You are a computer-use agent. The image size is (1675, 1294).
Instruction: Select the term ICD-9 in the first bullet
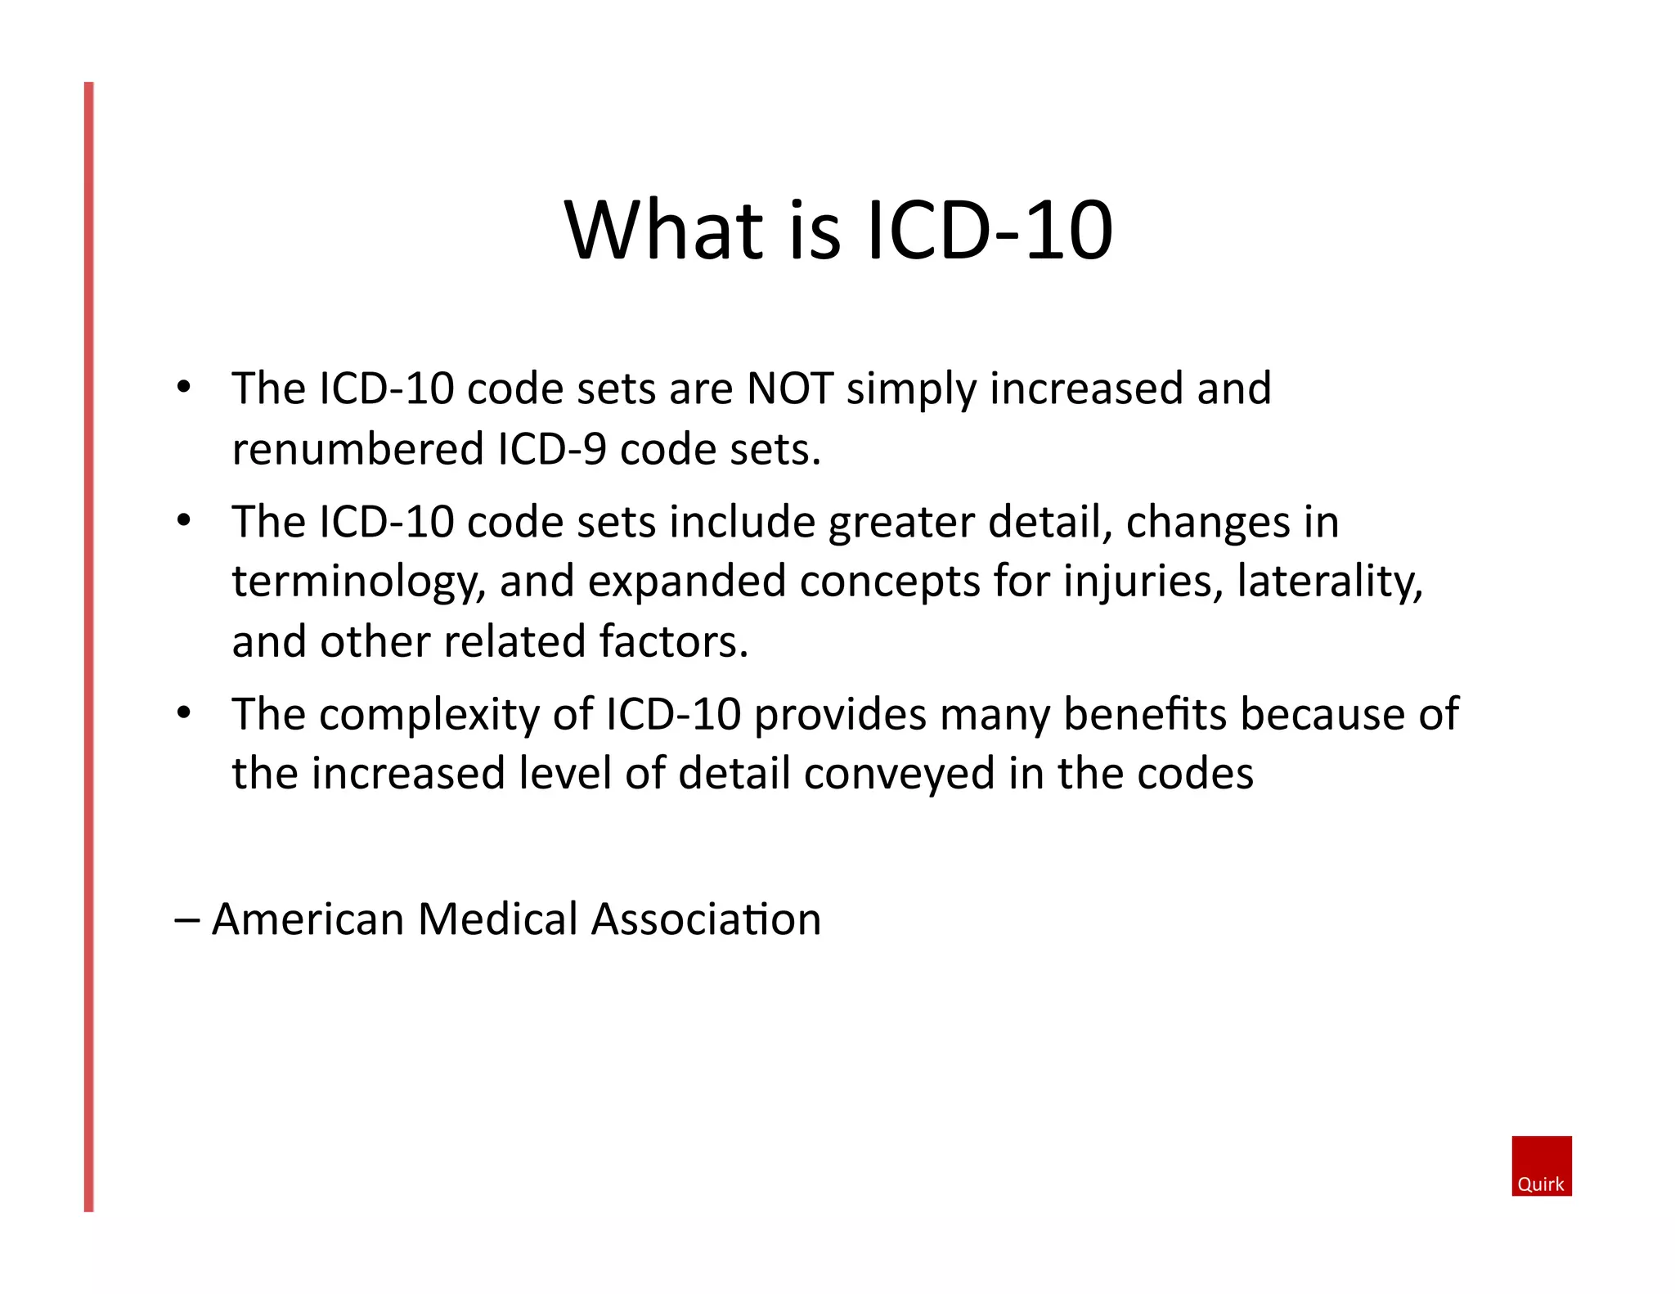tap(552, 449)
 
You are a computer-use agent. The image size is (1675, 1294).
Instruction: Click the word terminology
tap(358, 582)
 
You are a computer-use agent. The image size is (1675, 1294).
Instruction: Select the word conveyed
tap(899, 774)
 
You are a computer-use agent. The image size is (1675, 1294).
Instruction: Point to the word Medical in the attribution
tap(498, 919)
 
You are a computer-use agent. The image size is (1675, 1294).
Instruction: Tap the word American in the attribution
tap(308, 919)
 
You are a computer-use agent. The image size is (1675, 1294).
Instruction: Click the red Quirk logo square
tap(1541, 1166)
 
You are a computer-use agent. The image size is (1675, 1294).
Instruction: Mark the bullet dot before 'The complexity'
tap(184, 713)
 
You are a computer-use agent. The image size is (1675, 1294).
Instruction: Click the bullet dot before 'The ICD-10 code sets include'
tap(184, 520)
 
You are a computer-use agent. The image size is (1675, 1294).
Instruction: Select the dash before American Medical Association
tap(187, 919)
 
